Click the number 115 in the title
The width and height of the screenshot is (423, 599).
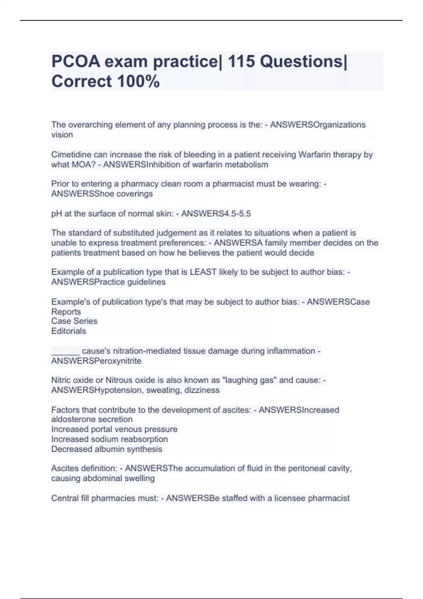(x=241, y=62)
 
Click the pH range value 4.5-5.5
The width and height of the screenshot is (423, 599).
(x=234, y=214)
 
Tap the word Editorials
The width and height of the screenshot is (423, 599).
(x=69, y=331)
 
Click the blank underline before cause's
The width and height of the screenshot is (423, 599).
(x=65, y=351)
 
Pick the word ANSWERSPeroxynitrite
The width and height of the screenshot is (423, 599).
(x=96, y=361)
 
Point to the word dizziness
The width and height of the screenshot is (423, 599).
(x=202, y=390)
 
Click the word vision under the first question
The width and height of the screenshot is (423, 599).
(x=62, y=135)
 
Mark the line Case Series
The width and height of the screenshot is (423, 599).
(x=74, y=321)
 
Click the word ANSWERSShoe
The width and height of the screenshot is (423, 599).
(x=82, y=194)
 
